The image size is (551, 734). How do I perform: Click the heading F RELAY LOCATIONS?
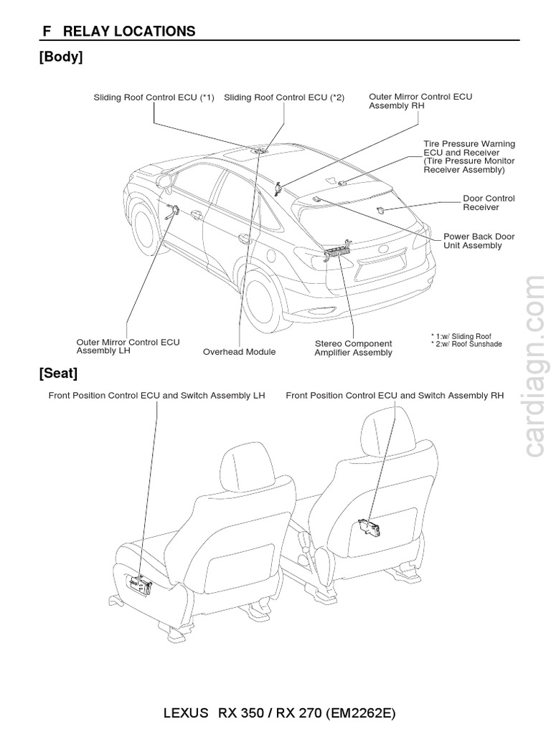point(119,31)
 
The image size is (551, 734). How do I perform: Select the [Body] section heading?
point(61,57)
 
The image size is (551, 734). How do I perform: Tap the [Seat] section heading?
point(58,373)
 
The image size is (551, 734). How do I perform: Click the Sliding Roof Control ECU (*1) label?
point(154,97)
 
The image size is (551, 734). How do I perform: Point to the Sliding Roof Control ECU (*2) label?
point(284,97)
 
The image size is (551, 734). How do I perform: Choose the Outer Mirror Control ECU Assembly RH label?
point(420,100)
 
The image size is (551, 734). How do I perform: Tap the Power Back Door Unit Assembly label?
point(479,241)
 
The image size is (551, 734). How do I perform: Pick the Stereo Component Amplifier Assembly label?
point(353,348)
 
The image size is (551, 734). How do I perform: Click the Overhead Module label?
point(239,352)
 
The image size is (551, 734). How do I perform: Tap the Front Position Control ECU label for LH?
point(156,395)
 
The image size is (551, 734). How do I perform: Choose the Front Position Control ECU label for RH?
point(395,395)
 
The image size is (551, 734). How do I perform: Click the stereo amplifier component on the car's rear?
point(337,252)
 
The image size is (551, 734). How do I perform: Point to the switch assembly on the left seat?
point(141,585)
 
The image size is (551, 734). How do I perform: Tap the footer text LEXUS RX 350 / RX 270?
point(280,714)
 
